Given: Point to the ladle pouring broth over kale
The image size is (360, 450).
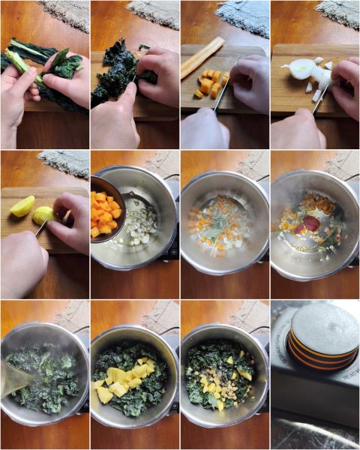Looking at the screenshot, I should [x=15, y=379].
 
